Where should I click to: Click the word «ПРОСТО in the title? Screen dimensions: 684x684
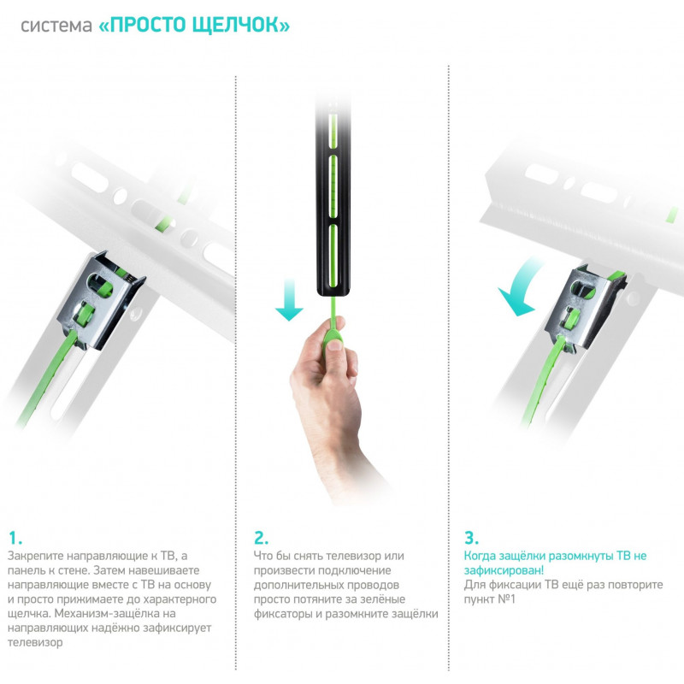(x=142, y=25)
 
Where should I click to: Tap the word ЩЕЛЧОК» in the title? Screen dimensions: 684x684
(x=241, y=26)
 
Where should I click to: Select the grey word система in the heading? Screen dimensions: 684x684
(x=56, y=26)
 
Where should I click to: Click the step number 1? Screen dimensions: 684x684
(x=15, y=538)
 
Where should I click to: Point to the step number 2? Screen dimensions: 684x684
(x=261, y=538)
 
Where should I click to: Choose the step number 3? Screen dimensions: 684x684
(x=471, y=538)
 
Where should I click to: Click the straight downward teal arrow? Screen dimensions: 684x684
(x=289, y=301)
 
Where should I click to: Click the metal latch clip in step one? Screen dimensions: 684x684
(x=101, y=301)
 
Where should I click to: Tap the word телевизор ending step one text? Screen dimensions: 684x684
(x=35, y=643)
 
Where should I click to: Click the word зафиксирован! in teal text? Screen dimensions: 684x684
(x=504, y=570)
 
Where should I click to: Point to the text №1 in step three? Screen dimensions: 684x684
(x=506, y=599)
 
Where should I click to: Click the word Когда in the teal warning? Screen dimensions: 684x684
(x=480, y=557)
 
